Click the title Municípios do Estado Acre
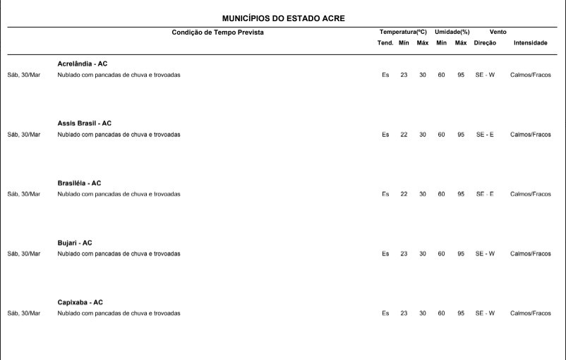pyautogui.click(x=283, y=18)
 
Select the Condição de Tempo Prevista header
pyautogui.click(x=217, y=32)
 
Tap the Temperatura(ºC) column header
pyautogui.click(x=403, y=32)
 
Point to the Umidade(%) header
pyautogui.click(x=452, y=32)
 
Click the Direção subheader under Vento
pyautogui.click(x=485, y=43)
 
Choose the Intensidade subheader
pyautogui.click(x=530, y=43)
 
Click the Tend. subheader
pyautogui.click(x=385, y=43)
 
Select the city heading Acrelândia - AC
pyautogui.click(x=83, y=64)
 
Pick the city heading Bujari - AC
pyautogui.click(x=75, y=243)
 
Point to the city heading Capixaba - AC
pyautogui.click(x=80, y=302)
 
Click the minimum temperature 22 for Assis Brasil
pyautogui.click(x=404, y=134)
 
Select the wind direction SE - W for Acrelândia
pyautogui.click(x=485, y=75)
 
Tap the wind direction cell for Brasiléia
pyautogui.click(x=485, y=193)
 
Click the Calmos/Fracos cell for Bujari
pyautogui.click(x=530, y=253)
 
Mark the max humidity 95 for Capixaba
pyautogui.click(x=460, y=313)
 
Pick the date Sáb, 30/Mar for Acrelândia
pyautogui.click(x=23, y=75)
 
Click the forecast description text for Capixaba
pyautogui.click(x=119, y=313)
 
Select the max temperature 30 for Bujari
pyautogui.click(x=422, y=253)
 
